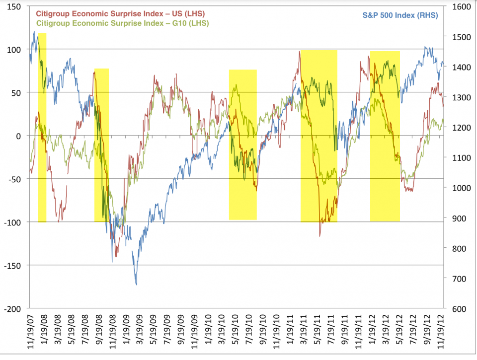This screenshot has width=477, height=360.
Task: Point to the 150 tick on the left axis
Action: (x=14, y=6)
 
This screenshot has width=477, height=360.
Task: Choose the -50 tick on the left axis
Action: (x=14, y=179)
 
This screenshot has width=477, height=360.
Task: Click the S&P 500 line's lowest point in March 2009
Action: (x=136, y=285)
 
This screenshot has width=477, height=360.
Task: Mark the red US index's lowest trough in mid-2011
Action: (x=319, y=236)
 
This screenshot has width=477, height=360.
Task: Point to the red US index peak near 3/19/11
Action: (x=300, y=51)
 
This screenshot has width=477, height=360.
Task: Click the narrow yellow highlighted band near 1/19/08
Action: (x=42, y=127)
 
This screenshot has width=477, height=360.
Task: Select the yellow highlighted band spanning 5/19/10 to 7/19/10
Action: (x=242, y=144)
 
